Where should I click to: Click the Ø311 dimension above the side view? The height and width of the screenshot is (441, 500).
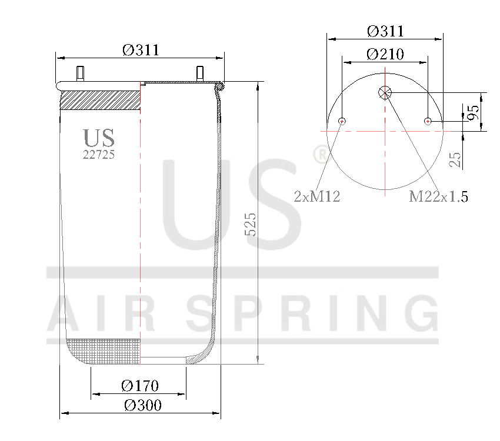tap(141, 50)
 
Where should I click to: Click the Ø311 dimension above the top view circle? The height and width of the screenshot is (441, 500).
tap(385, 31)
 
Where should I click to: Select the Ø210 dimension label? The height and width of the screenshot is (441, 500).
tap(385, 54)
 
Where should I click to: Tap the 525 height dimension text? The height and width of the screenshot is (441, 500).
tap(251, 224)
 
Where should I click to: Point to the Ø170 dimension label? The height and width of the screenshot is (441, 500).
tap(140, 386)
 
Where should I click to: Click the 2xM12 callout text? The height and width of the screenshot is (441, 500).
tap(317, 196)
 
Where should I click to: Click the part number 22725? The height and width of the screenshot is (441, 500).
tap(98, 155)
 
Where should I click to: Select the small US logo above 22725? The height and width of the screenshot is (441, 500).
tap(99, 138)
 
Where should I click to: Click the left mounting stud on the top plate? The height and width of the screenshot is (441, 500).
tap(80, 74)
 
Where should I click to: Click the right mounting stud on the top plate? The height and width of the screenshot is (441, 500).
tap(200, 74)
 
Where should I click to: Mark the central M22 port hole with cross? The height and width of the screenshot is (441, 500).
tap(385, 92)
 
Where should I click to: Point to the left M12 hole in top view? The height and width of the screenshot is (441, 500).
tap(342, 121)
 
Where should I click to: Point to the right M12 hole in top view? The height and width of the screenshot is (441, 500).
tap(428, 121)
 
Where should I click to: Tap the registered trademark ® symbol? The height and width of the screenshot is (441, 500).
tap(321, 155)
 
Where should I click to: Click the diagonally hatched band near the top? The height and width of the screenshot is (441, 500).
tap(100, 100)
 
